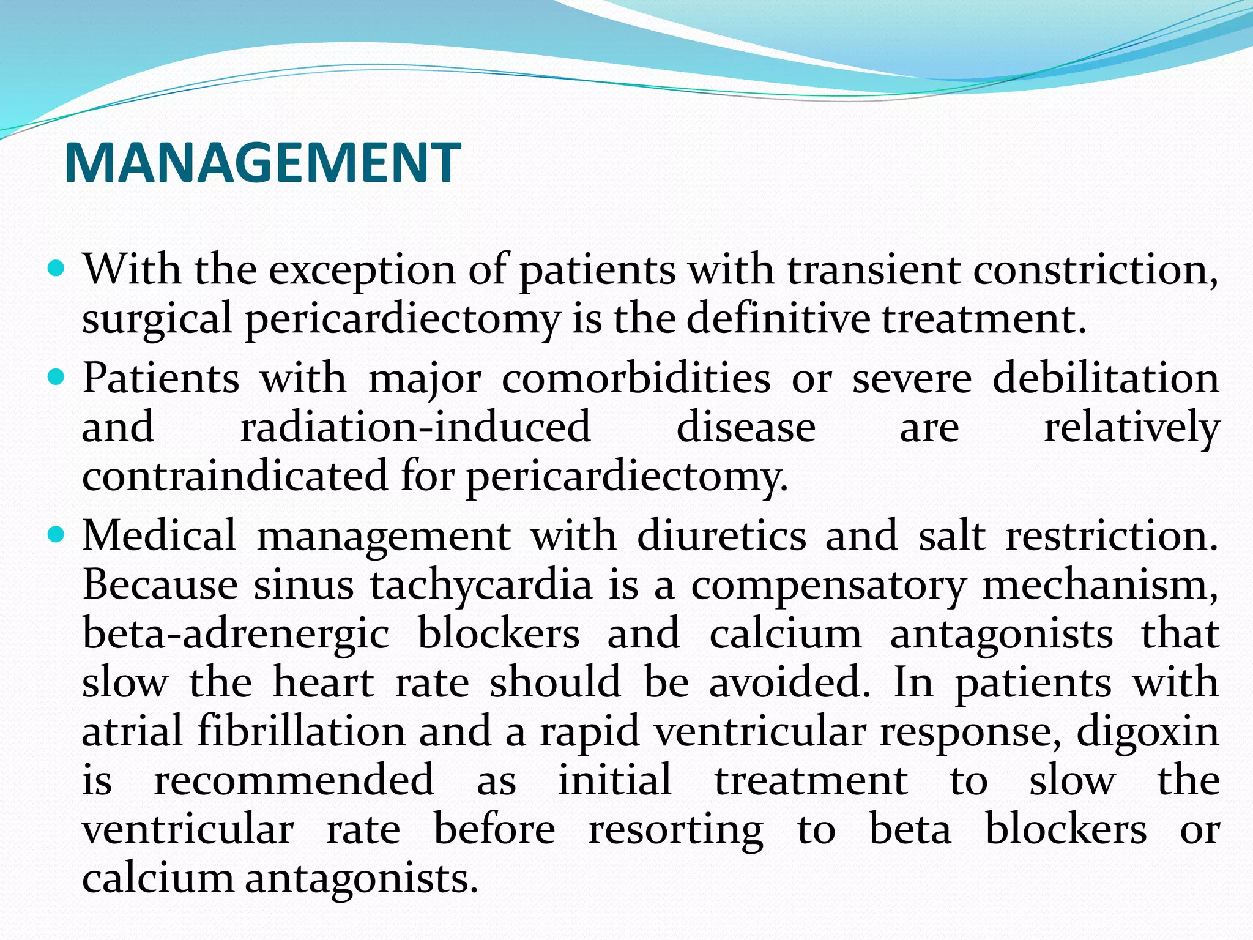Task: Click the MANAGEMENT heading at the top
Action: click(x=262, y=163)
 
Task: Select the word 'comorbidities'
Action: click(x=636, y=379)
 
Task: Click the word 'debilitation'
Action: click(x=1106, y=379)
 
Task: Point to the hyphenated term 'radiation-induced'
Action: click(x=415, y=427)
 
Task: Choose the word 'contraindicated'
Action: click(x=235, y=476)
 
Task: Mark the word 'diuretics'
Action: click(x=722, y=536)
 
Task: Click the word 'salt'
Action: click(x=951, y=536)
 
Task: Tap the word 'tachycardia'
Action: click(x=481, y=585)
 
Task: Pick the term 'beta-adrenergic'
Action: click(x=236, y=634)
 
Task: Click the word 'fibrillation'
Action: click(x=302, y=732)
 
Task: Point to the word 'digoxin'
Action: click(x=1148, y=732)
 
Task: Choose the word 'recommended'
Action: click(x=294, y=781)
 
